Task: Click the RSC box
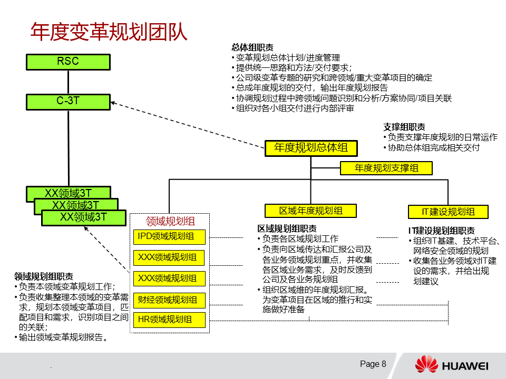[x=68, y=62]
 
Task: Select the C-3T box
[x=68, y=102]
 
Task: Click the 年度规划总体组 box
[x=310, y=148]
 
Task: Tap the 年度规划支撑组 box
[x=386, y=168]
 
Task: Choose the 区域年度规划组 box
[x=310, y=211]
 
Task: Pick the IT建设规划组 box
[x=448, y=212]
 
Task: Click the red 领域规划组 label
[x=170, y=221]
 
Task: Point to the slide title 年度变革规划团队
[x=109, y=32]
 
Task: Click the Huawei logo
[x=451, y=365]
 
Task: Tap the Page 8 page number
[x=373, y=364]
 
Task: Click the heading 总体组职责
[x=252, y=47]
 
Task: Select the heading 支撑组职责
[x=404, y=127]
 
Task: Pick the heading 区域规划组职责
[x=287, y=228]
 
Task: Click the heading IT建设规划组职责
[x=441, y=231]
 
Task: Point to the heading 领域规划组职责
[x=44, y=276]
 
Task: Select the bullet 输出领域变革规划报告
[x=63, y=337]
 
